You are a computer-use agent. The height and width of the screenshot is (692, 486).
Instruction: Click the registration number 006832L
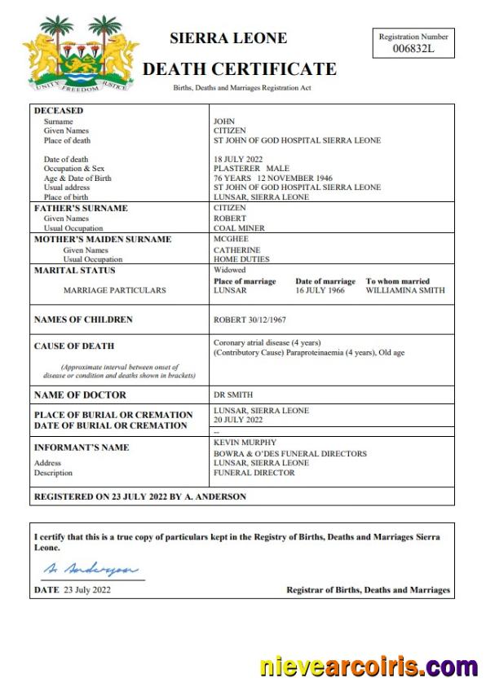(x=413, y=49)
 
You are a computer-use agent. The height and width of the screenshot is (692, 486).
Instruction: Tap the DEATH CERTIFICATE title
(x=239, y=69)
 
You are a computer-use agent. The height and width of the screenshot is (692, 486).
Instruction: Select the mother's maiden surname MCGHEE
(x=230, y=240)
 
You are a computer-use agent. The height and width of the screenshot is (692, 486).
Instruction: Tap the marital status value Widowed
(x=229, y=271)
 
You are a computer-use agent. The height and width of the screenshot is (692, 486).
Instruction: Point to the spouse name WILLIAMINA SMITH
(x=405, y=290)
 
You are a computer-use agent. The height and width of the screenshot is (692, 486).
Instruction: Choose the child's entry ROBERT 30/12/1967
(x=250, y=320)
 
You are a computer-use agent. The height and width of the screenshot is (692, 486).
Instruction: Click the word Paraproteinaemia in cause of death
(x=320, y=353)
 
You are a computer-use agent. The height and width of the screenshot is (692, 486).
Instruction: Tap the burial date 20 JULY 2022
(x=238, y=420)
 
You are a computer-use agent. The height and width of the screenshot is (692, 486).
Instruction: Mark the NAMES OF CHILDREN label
(x=83, y=320)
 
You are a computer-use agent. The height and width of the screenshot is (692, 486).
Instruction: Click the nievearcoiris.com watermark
(x=369, y=666)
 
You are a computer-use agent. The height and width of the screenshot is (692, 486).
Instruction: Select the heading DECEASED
(x=59, y=111)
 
